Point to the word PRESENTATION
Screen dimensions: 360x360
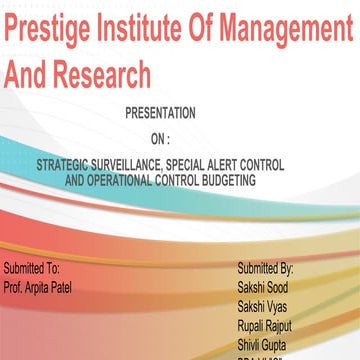tap(160, 113)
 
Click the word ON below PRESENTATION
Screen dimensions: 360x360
tap(156, 138)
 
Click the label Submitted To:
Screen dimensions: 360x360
tap(32, 268)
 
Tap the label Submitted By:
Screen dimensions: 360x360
tap(265, 268)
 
